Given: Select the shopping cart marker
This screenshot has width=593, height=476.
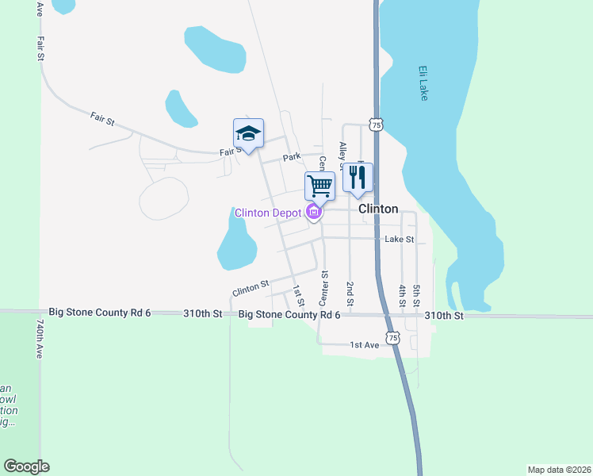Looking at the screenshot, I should pyautogui.click(x=319, y=186).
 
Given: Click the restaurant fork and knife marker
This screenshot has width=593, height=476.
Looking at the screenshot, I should pyautogui.click(x=358, y=178).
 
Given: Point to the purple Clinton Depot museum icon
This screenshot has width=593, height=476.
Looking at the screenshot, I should pyautogui.click(x=314, y=213).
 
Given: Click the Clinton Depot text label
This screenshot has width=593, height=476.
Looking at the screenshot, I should pyautogui.click(x=268, y=213).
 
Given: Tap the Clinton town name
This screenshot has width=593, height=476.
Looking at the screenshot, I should pyautogui.click(x=378, y=209).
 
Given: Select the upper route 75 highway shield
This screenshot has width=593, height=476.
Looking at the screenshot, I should pyautogui.click(x=376, y=125).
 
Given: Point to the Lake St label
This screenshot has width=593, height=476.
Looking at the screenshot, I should pyautogui.click(x=400, y=239).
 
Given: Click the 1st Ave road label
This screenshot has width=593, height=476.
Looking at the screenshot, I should pyautogui.click(x=365, y=345).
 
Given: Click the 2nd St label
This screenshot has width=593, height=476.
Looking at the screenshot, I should pyautogui.click(x=350, y=294).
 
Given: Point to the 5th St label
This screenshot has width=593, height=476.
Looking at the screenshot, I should pyautogui.click(x=416, y=295).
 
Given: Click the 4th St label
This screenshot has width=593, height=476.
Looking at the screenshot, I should pyautogui.click(x=403, y=295).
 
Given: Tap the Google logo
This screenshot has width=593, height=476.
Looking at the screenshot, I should pyautogui.click(x=26, y=466).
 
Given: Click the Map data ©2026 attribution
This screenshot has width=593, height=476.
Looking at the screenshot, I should pyautogui.click(x=559, y=470).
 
